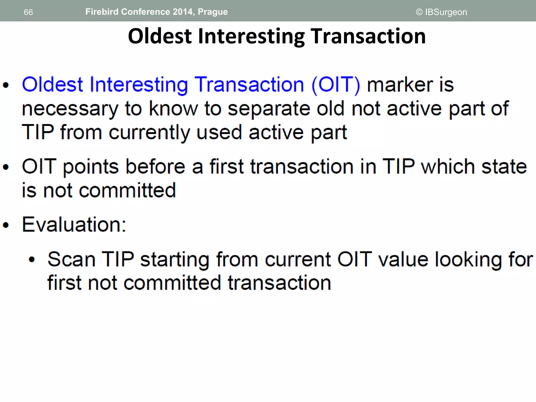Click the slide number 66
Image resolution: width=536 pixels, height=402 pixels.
28,12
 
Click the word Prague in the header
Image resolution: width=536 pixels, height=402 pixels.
213,12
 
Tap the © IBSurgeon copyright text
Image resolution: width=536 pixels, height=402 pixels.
441,12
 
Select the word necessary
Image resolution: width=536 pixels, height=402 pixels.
70,109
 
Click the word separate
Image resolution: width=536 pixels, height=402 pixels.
269,109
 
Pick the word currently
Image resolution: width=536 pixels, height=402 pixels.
149,133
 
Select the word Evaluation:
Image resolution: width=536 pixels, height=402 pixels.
74,225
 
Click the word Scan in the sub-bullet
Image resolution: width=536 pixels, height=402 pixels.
71,260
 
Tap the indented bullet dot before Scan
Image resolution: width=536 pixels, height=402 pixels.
32,260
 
